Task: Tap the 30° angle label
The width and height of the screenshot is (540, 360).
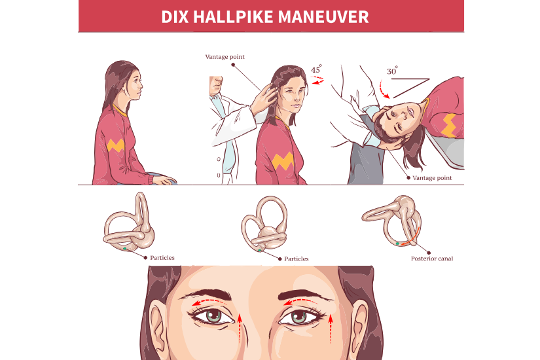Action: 392,71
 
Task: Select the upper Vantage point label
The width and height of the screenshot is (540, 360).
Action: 225,57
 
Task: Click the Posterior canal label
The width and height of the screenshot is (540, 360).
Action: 432,259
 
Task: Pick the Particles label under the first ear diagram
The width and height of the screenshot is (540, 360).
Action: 162,258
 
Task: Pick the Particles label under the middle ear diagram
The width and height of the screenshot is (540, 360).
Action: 297,259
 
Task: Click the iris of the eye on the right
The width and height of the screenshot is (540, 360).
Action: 298,316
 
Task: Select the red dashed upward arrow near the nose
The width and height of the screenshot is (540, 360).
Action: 240,328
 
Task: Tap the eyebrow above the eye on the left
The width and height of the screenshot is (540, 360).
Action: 212,293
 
